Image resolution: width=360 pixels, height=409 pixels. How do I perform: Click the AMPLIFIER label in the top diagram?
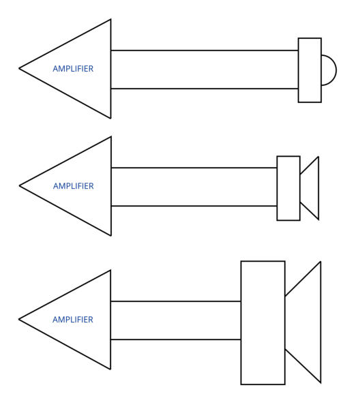point(73,69)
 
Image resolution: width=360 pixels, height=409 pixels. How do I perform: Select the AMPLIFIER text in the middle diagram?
point(74,186)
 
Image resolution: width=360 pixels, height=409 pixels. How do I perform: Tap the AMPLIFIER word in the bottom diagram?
point(73,320)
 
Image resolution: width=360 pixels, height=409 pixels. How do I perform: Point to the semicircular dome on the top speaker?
point(336,70)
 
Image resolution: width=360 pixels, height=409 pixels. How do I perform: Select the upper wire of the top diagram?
point(205,50)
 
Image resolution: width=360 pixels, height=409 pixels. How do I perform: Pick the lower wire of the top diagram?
point(205,89)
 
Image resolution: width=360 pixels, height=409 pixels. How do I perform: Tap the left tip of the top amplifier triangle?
point(19,69)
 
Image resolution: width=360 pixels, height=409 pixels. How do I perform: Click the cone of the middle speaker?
point(318,188)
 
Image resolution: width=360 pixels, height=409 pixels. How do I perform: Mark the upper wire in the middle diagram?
point(194,168)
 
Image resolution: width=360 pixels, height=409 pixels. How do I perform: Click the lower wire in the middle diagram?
point(194,206)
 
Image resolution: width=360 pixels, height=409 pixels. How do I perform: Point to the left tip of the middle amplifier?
point(19,185)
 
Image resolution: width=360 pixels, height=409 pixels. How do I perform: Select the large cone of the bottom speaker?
point(320,322)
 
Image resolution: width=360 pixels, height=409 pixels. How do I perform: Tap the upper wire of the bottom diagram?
point(176,301)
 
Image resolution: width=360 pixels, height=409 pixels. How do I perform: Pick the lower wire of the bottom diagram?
point(176,339)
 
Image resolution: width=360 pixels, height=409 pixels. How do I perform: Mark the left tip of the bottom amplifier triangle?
point(19,319)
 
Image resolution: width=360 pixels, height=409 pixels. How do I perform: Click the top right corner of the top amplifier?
point(111,19)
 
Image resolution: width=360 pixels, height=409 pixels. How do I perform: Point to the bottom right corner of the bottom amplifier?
point(110,369)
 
